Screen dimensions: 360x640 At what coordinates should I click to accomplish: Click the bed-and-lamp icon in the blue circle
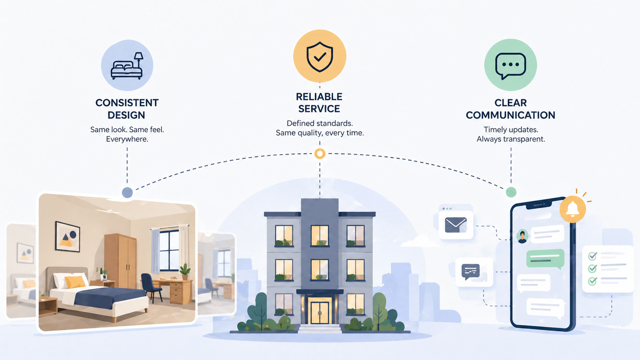point(127,66)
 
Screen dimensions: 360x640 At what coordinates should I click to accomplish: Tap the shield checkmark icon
point(320,57)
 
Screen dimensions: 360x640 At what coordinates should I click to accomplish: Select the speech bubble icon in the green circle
point(511,65)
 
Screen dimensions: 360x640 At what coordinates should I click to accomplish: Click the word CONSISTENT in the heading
point(127,103)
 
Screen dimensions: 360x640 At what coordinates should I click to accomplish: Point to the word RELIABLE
point(319,97)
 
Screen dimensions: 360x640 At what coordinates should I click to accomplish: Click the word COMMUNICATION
point(510,115)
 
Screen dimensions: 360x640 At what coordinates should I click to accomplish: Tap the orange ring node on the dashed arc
point(320,154)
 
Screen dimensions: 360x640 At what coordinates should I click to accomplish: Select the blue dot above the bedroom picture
point(127,192)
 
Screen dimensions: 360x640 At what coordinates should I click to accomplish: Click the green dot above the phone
point(511,192)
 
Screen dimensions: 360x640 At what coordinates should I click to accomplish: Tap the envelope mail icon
point(456,225)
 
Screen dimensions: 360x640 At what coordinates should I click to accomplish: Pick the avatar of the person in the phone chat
point(522,236)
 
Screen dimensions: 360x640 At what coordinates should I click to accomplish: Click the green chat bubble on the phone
point(545,258)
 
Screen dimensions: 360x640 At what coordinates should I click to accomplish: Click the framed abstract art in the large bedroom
point(68,237)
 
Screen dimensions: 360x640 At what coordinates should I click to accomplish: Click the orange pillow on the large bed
point(75,282)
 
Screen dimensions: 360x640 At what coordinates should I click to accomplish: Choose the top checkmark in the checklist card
point(593,256)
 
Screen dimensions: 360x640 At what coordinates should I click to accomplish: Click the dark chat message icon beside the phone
point(470,271)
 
